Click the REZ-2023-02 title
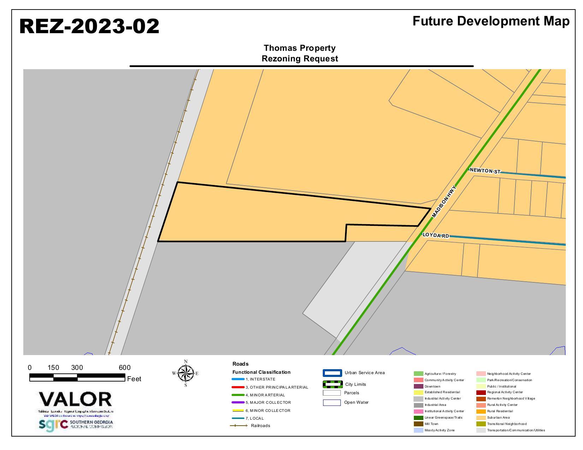tap(89, 26)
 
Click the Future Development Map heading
tap(491, 21)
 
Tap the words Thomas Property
tap(299, 48)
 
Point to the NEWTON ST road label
tap(485, 171)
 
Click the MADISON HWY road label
tap(444, 201)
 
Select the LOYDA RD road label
tap(436, 235)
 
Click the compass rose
tap(185, 373)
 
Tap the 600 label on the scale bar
tap(124, 368)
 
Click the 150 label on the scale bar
tap(53, 368)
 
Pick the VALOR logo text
tap(75, 400)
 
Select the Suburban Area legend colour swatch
tap(481, 418)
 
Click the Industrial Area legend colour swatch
tap(418, 405)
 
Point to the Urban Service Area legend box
tap(332, 373)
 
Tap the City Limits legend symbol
tap(332, 384)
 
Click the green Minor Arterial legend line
tap(238, 395)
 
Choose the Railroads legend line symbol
tap(239, 426)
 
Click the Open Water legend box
tap(332, 403)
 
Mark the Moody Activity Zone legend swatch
tap(418, 430)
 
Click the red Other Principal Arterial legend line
tap(238, 387)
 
